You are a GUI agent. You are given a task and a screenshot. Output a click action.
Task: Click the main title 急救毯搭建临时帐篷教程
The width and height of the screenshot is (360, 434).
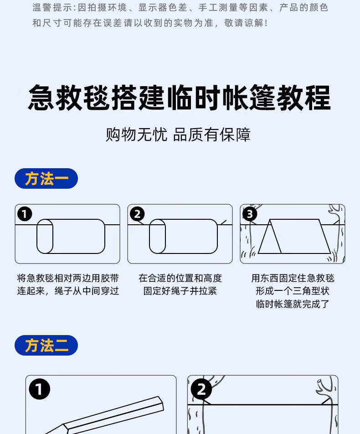pos(179,97)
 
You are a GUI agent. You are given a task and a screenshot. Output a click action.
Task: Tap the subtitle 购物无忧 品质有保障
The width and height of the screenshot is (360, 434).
pos(178,134)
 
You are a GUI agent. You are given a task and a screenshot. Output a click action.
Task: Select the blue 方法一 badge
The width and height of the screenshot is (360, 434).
pos(46,179)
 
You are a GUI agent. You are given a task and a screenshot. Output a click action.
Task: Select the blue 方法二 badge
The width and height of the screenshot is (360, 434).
pos(46,346)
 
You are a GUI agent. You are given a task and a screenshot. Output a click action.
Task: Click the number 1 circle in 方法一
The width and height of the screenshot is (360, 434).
pos(25,214)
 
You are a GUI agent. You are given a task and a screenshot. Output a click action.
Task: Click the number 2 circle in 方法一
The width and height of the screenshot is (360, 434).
pos(137,214)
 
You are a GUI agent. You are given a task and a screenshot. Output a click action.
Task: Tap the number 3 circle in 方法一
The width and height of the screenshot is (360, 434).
pos(250,214)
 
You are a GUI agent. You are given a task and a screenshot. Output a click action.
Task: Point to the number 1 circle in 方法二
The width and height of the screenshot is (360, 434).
pos(39,390)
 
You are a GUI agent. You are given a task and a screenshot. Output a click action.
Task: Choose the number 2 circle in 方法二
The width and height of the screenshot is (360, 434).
pos(201,390)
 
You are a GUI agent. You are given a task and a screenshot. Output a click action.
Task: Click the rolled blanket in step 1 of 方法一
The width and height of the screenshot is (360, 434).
pos(71,236)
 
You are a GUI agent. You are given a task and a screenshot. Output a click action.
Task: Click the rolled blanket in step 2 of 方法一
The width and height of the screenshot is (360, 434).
pos(183,236)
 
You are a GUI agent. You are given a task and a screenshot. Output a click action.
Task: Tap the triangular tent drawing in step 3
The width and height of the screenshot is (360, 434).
pos(294,237)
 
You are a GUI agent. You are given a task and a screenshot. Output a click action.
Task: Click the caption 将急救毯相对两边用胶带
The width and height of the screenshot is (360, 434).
pos(68,278)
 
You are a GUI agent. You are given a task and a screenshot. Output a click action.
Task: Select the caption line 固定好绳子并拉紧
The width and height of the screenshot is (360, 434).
pos(180,291)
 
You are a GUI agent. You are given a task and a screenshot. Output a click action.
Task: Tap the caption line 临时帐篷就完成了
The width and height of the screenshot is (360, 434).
pos(293,304)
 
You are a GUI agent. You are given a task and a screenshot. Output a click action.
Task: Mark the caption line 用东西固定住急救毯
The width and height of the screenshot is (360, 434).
pos(293,278)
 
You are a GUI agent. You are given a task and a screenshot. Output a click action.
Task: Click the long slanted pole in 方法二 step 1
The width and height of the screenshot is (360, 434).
pos(114,413)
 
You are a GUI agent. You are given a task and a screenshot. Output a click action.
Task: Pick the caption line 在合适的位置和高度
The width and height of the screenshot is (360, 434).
pos(180,278)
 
